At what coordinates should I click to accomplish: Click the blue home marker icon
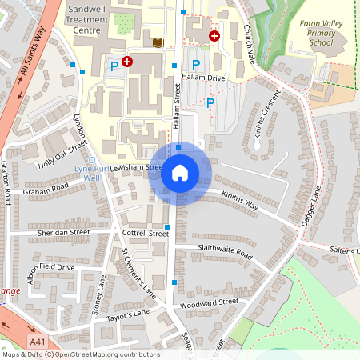pos(180,173)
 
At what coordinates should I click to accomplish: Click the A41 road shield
pos(36,342)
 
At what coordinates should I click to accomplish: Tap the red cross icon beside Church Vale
pos(214,35)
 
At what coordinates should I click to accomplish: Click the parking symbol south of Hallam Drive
pos(210,102)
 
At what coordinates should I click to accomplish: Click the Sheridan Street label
pos(63,232)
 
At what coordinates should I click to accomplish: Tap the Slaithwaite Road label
pos(225,252)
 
